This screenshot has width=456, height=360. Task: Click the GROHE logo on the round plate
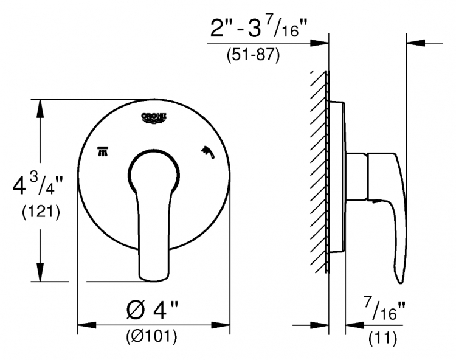(154, 119)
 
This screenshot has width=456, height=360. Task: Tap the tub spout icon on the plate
(103, 151)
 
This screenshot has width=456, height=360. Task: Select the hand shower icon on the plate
(208, 152)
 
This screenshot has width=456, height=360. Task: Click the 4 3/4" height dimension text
(38, 185)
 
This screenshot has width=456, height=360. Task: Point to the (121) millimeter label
(41, 212)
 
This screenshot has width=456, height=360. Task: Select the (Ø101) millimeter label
(151, 337)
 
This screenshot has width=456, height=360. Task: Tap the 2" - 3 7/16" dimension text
(258, 28)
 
